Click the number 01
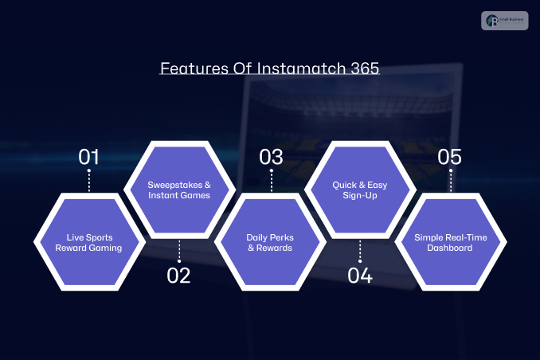click(x=89, y=157)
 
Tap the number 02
click(x=179, y=276)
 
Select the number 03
click(x=271, y=157)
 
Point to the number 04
click(x=360, y=276)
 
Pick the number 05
click(x=451, y=157)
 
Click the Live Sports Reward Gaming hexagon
click(x=89, y=242)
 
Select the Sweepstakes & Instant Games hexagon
click(x=179, y=190)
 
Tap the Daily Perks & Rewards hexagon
click(x=269, y=242)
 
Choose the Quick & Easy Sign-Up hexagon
click(x=360, y=190)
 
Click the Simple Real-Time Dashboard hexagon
click(x=450, y=242)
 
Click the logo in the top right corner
click(x=505, y=20)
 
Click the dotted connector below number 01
click(x=89, y=181)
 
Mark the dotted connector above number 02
click(x=179, y=250)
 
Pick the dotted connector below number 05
click(x=451, y=181)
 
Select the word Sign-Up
click(x=360, y=196)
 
